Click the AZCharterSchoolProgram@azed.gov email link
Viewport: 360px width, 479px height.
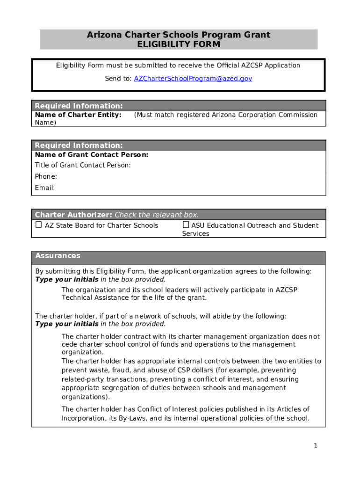click(x=193, y=79)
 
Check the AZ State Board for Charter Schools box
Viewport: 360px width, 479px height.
click(x=38, y=225)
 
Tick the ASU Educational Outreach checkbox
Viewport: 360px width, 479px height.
click(x=186, y=225)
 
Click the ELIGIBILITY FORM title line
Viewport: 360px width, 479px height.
click(x=178, y=44)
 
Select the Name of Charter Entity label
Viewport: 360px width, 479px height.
click(x=78, y=115)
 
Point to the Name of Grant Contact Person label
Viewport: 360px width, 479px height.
click(x=92, y=155)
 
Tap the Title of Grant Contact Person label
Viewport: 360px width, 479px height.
click(x=83, y=165)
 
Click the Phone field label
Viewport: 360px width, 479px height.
click(x=46, y=176)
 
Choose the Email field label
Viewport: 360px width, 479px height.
click(x=45, y=188)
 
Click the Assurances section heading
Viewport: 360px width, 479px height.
click(x=58, y=256)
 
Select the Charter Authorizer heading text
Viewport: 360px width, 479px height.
click(x=73, y=215)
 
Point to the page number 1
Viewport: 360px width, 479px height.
click(x=316, y=446)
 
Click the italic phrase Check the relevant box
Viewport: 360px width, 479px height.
click(x=157, y=215)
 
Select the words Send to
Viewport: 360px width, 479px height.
click(x=118, y=79)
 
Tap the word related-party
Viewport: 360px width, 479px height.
click(x=81, y=379)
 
